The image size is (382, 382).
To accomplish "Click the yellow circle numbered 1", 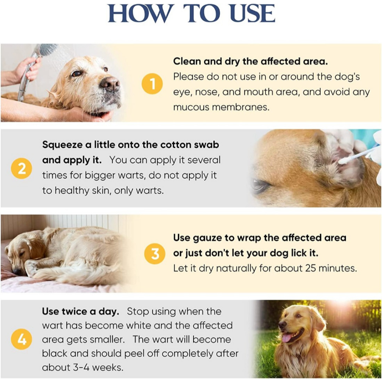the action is (x=152, y=84).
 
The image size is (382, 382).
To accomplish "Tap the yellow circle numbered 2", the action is (x=21, y=168).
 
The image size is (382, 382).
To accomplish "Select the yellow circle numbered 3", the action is (x=155, y=254).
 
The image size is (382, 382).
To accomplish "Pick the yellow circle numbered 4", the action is (x=21, y=339).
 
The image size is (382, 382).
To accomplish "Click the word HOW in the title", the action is (x=140, y=14).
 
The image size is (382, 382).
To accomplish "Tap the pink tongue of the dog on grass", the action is (x=288, y=338).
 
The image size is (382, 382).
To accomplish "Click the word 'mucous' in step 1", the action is (x=191, y=107).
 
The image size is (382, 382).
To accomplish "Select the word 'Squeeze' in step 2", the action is (x=62, y=145).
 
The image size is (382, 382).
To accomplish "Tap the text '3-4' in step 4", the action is (x=81, y=367).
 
